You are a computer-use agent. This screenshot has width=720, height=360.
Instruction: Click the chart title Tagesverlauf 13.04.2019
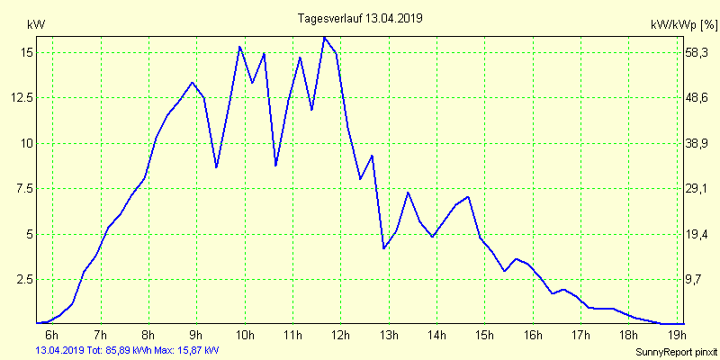360,17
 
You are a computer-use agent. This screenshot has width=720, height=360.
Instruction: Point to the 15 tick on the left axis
26,52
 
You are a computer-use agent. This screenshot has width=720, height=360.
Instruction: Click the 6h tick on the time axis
52,336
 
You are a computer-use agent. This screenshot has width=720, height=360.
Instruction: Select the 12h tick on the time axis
340,336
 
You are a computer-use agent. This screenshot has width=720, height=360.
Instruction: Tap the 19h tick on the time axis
677,336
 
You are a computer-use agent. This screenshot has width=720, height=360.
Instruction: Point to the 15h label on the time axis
484,336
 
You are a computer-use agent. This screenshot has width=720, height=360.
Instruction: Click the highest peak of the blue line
324,37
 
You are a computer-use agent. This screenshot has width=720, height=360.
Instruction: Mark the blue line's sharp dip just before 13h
384,247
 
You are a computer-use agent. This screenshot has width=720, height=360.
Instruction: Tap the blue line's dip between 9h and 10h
216,167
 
